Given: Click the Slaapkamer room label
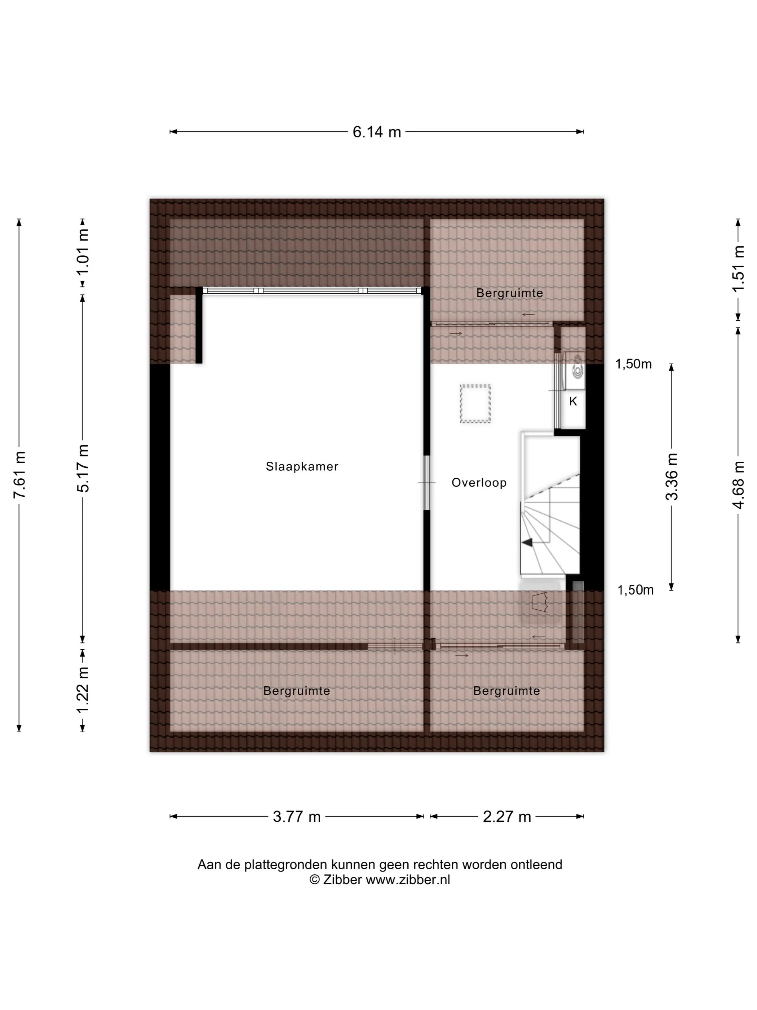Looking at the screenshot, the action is (302, 467).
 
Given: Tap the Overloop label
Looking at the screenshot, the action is (479, 483).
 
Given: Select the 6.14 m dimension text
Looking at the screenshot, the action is (377, 132).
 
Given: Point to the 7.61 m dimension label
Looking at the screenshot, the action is (19, 474).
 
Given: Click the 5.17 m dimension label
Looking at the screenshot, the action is (83, 468).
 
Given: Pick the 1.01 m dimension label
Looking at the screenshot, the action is (83, 252).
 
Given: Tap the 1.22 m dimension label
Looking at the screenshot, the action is (83, 690).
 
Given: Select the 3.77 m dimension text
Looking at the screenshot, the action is (297, 816).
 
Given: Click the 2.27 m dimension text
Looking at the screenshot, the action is (507, 816).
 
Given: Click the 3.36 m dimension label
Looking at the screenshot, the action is (672, 477).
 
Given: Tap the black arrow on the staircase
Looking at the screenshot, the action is (527, 543).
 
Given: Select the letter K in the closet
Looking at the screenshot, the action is (573, 401).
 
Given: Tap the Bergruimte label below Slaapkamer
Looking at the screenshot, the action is (297, 691).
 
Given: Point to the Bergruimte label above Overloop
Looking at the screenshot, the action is (510, 293).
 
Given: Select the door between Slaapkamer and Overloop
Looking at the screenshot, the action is (427, 483).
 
